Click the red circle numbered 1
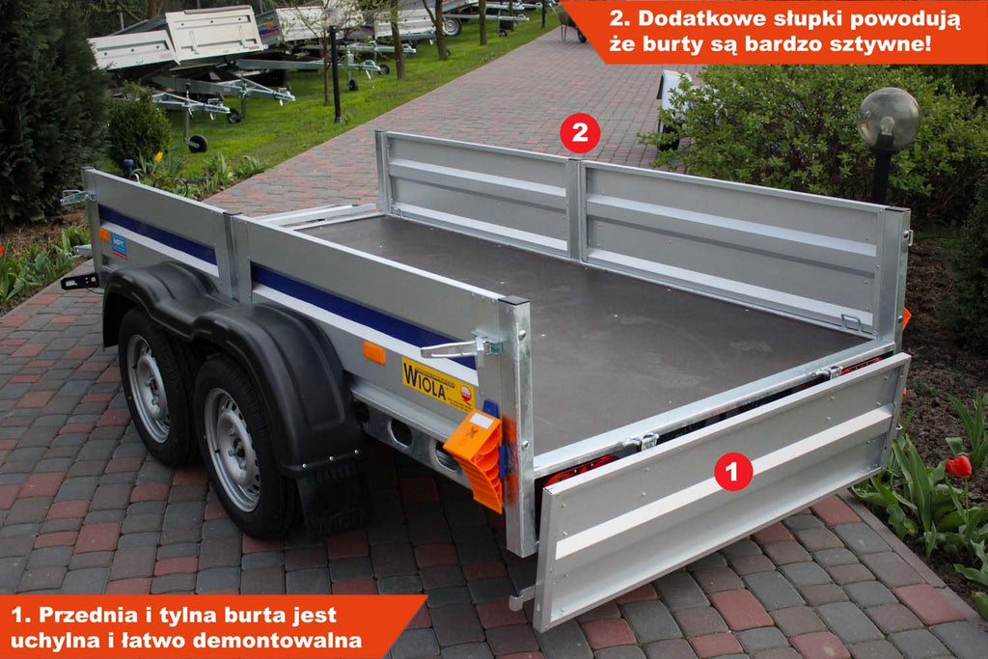click(x=733, y=471)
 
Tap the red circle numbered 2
click(x=580, y=133)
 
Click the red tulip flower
click(x=958, y=466)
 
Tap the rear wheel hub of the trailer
click(x=232, y=449)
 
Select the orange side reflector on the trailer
click(x=373, y=353)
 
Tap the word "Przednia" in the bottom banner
click(x=92, y=615)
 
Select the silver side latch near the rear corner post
click(x=460, y=347)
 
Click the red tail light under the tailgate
click(x=583, y=469)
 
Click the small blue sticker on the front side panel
click(x=119, y=245)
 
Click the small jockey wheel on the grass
click(x=198, y=143)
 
